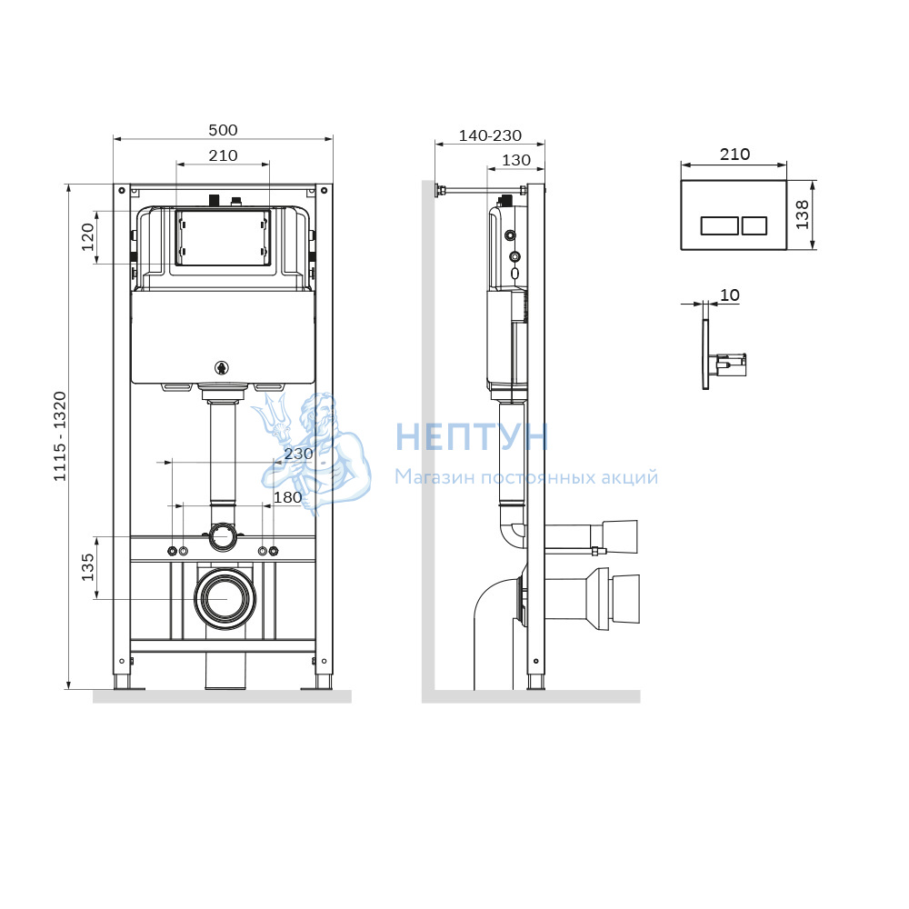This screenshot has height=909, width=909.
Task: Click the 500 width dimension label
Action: [x=224, y=130]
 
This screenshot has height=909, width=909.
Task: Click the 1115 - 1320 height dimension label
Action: [x=60, y=436]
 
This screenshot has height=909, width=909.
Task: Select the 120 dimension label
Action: [x=87, y=237]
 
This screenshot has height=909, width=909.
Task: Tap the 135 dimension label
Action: [x=87, y=567]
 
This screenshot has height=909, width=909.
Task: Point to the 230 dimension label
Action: [x=298, y=454]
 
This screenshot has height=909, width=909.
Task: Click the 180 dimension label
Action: [x=288, y=497]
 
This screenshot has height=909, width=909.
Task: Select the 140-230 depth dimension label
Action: [x=491, y=135]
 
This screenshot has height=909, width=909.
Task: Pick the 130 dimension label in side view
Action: [x=516, y=160]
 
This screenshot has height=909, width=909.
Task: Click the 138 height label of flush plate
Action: [x=803, y=215]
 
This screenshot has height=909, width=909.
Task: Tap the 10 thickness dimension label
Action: [x=730, y=295]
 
